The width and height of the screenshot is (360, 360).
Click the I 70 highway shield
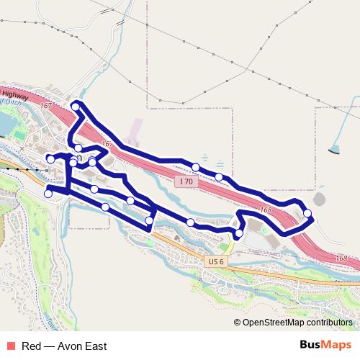[186, 181]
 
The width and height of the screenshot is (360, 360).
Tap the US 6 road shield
[214, 262]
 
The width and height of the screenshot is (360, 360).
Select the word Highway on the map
[14, 94]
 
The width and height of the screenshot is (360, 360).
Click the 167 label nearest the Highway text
[47, 106]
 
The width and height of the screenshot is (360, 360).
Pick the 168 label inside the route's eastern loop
[266, 210]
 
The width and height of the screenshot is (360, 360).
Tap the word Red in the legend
[31, 346]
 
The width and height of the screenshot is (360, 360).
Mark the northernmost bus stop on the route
[76, 107]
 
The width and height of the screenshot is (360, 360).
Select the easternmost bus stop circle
[307, 213]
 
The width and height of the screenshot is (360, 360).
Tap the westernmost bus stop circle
[48, 193]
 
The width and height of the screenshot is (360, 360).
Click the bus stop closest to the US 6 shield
[238, 233]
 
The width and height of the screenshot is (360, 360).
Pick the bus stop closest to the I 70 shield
[196, 167]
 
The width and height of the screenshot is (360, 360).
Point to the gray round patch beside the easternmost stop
[319, 199]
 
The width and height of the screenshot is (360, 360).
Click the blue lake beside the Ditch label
[6, 125]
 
